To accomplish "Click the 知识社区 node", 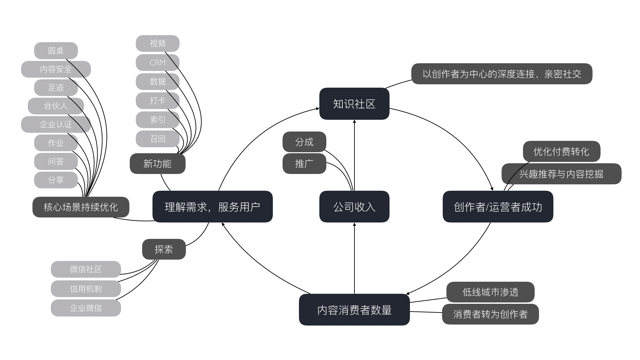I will tap(354, 104).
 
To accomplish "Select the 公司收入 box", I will tap(354, 207).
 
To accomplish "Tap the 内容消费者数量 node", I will tap(354, 310).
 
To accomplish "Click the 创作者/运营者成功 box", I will tap(498, 207).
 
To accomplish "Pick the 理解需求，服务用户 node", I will tap(212, 207).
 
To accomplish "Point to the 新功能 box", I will tap(157, 164).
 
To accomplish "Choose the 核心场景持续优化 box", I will tap(81, 207).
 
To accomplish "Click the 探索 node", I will tap(164, 249).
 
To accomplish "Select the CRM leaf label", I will tap(157, 63).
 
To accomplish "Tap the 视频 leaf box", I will tap(157, 43).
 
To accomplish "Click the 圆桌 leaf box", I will tap(56, 51).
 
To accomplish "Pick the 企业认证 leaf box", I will tap(56, 124).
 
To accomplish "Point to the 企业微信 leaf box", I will tap(86, 308).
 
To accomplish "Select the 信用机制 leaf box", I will tap(86, 289).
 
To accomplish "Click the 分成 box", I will tap(304, 142).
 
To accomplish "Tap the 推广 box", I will tap(304, 164).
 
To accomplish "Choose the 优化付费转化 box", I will tap(561, 151).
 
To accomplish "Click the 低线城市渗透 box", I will tap(490, 292).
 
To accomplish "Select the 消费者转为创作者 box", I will tap(490, 314).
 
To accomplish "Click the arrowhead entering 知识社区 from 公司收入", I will tap(354, 122).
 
